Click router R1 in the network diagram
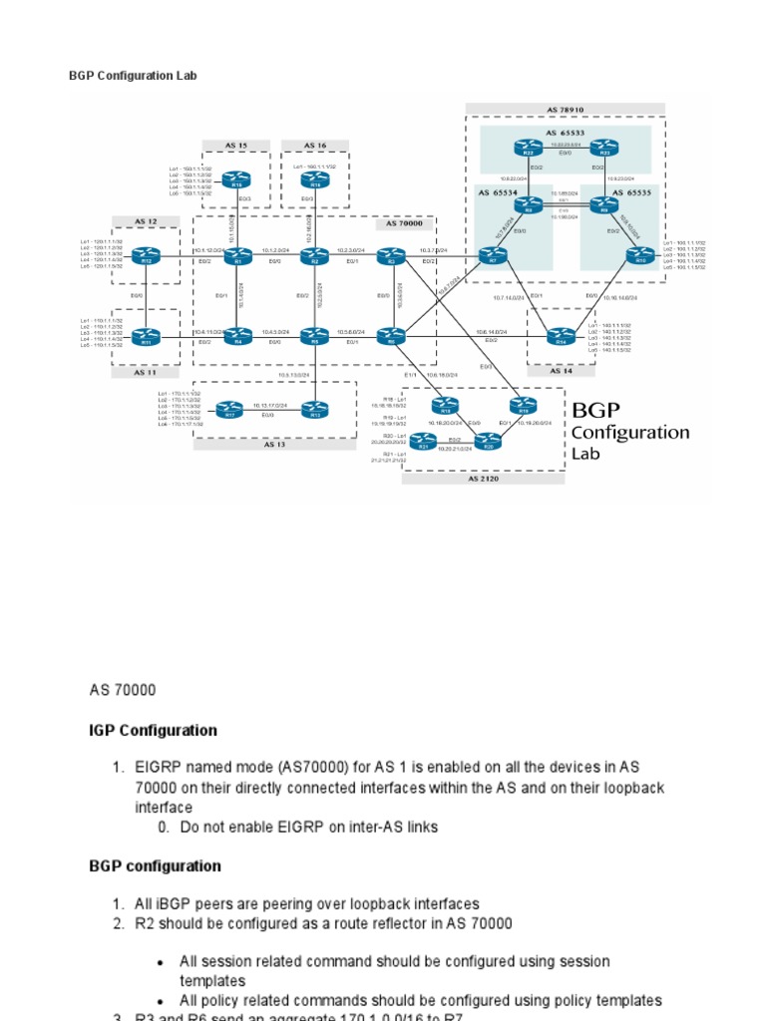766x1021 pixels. pyautogui.click(x=236, y=258)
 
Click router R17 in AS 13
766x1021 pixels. pyautogui.click(x=230, y=408)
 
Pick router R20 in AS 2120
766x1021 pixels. pyautogui.click(x=489, y=444)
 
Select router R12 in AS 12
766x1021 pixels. pyautogui.click(x=148, y=258)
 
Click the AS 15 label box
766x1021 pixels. pyautogui.click(x=235, y=145)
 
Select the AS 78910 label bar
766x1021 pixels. pyautogui.click(x=565, y=109)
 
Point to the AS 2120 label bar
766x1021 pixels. pyautogui.click(x=482, y=479)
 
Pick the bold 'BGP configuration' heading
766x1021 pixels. pyautogui.click(x=155, y=865)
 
